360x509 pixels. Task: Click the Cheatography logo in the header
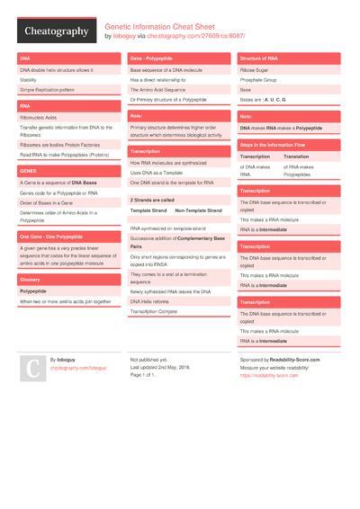point(56,31)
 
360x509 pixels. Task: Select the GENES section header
point(28,170)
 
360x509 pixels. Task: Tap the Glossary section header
point(30,279)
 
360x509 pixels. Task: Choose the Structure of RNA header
point(258,58)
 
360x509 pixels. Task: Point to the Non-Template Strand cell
point(198,210)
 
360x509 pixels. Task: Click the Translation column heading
point(296,156)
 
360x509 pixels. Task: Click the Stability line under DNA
point(28,79)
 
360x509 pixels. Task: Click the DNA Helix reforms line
point(149,301)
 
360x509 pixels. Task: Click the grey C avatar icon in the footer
point(32,368)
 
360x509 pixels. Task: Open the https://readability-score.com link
point(269,375)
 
